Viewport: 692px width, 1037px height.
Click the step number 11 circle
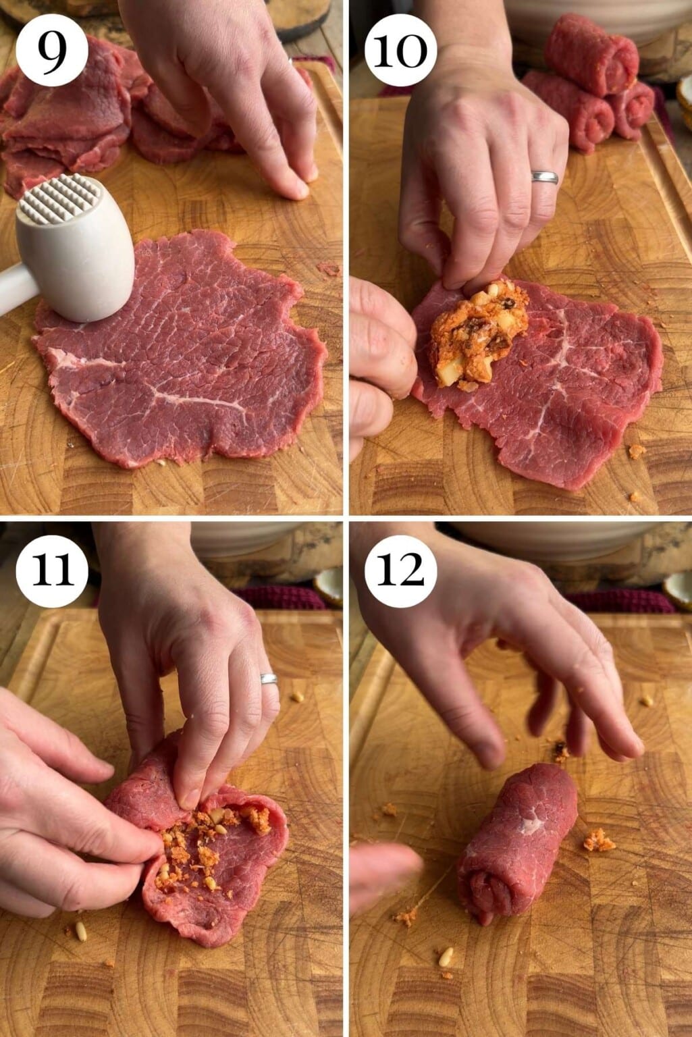52,571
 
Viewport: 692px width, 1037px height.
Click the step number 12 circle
400,571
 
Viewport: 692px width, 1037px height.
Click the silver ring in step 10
544,177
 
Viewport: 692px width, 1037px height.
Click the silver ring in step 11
269,679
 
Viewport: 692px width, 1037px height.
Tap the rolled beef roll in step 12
516,844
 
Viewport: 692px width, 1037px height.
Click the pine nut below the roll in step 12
446,956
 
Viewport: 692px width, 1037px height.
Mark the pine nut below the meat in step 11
80,932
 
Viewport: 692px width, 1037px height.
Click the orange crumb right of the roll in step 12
598,841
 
